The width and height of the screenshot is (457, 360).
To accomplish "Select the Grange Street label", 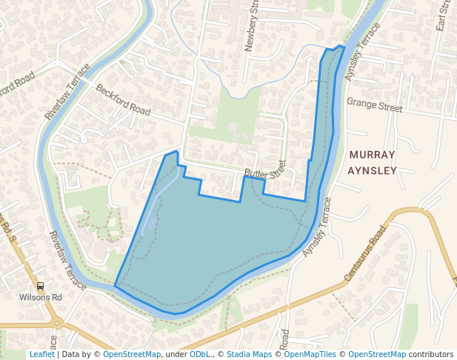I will [x=374, y=106].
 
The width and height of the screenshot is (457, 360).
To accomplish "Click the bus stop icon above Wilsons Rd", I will [x=40, y=286].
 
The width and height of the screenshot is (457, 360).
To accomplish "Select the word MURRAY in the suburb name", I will [x=373, y=155].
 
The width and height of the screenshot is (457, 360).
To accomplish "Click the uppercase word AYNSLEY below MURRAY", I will [x=373, y=170].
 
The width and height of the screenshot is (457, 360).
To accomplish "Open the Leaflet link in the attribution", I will [x=41, y=354].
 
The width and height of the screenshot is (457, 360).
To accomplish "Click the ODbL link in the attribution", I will [x=199, y=354].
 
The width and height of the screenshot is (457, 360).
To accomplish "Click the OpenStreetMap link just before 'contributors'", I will [x=377, y=354].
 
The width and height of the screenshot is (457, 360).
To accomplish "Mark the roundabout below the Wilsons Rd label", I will [x=56, y=322].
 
